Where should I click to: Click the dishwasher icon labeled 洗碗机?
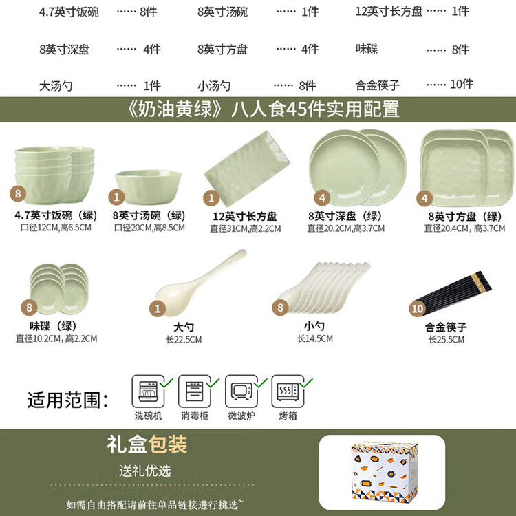tap(149, 391)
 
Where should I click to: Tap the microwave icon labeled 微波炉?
tap(241, 391)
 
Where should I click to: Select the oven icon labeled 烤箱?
tap(288, 391)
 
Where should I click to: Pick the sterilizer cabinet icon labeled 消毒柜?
tap(195, 391)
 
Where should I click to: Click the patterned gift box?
tap(384, 472)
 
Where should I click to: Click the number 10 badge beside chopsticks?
tap(418, 309)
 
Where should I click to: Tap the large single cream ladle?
tap(200, 282)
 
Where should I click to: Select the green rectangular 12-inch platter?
tap(247, 168)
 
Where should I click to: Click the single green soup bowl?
tap(148, 186)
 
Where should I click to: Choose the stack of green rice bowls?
tap(54, 175)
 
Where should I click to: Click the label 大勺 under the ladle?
tap(184, 327)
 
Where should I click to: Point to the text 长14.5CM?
tap(315, 338)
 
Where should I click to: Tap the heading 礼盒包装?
tap(147, 444)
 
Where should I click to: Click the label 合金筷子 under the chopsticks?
tap(446, 327)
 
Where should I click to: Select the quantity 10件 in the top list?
tap(462, 85)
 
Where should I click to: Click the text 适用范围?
tap(68, 400)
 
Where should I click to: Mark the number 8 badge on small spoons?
tap(280, 308)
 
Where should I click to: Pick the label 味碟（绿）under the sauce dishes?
tap(53, 326)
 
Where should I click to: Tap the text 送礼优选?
tap(145, 471)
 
